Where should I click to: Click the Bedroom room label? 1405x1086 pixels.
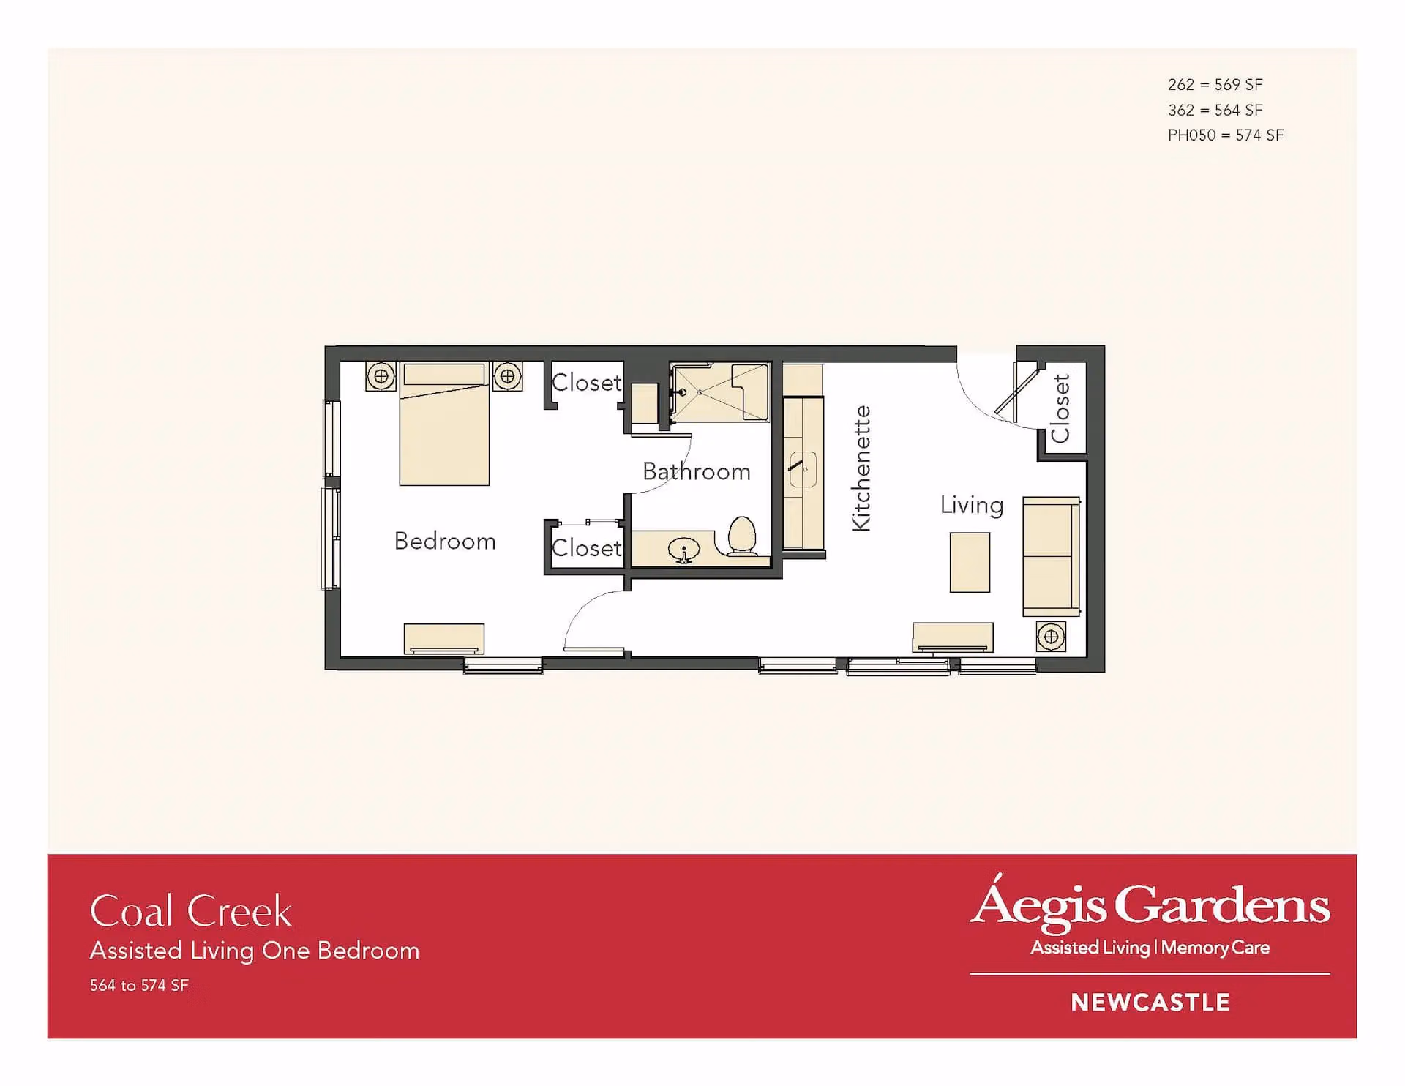(x=445, y=542)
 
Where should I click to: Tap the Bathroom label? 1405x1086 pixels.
(x=697, y=471)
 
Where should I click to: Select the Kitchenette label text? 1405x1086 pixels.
(x=861, y=468)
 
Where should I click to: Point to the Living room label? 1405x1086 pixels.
(x=972, y=505)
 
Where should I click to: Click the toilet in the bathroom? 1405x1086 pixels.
(x=743, y=536)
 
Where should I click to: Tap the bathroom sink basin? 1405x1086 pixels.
(x=683, y=550)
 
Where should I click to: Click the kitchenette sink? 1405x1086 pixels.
(x=803, y=470)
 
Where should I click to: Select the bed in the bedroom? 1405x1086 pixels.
(x=444, y=424)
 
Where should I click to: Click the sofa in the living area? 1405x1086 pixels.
(x=1052, y=556)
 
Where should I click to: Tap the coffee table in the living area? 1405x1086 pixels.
(x=970, y=562)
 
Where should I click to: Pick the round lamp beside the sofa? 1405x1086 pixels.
(x=1051, y=637)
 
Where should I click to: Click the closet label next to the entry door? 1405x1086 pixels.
(x=1061, y=408)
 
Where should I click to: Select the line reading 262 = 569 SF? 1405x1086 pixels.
(x=1215, y=85)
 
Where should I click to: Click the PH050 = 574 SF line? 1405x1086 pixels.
(x=1226, y=135)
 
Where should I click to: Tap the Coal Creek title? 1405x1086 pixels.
(x=191, y=911)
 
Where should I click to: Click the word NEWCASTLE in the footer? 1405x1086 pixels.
(x=1150, y=1003)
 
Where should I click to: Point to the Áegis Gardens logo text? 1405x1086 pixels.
(x=1150, y=905)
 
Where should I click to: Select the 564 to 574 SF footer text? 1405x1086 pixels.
(x=139, y=986)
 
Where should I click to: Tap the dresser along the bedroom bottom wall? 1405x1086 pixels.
(x=444, y=639)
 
